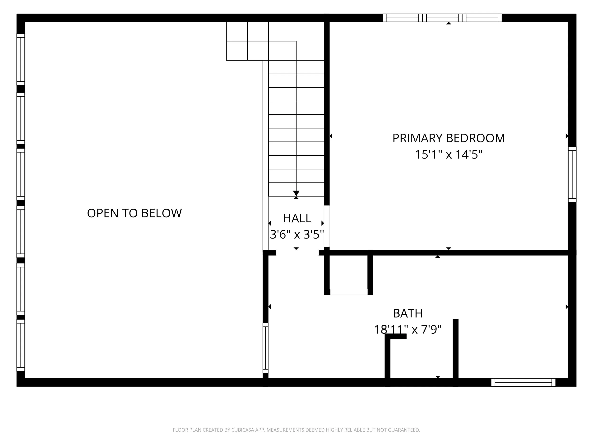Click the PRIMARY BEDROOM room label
449,138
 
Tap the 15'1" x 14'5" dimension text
449,155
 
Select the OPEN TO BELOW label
134,213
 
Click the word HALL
297,218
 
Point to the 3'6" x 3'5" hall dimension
297,235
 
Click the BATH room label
408,313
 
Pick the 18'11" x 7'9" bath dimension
408,330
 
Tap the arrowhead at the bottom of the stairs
296,193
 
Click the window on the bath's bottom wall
523,382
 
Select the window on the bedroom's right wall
572,174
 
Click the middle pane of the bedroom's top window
442,18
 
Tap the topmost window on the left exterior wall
21,59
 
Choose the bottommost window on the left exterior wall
21,346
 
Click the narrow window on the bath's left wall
265,348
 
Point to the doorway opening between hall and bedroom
327,226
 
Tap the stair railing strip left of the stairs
265,155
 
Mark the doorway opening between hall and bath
297,253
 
